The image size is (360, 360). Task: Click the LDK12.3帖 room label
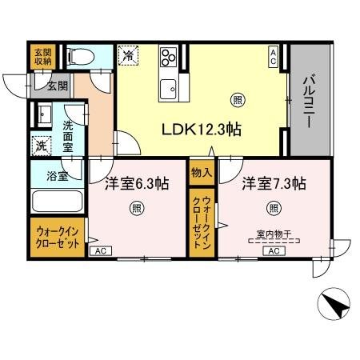[202, 129]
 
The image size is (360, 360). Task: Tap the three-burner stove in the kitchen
[169, 57]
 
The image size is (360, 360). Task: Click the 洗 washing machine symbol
[40, 146]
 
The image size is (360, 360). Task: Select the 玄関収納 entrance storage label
[41, 58]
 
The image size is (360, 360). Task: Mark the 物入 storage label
[201, 173]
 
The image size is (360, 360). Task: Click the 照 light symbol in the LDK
[237, 99]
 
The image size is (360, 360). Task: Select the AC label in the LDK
[274, 55]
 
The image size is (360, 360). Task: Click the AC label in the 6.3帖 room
[100, 250]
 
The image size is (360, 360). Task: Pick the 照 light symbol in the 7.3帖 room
[274, 209]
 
